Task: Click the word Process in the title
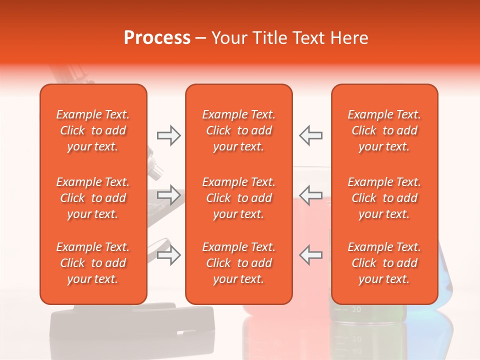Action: tap(157, 38)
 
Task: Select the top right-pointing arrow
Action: tap(168, 135)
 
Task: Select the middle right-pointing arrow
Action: tap(168, 194)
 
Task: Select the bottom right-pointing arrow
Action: tap(168, 254)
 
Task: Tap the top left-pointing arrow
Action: tap(311, 135)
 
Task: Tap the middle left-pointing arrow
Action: tap(311, 194)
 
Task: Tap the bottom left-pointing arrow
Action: tap(311, 254)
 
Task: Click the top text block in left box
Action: tap(93, 130)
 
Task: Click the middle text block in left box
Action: tap(93, 198)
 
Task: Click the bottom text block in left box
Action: tap(93, 263)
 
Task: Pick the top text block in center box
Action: tap(239, 130)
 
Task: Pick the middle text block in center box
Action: tap(239, 198)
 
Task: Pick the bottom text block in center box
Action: tap(239, 263)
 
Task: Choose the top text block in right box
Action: tap(384, 130)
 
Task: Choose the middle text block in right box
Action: tap(384, 198)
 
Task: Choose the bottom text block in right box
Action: tap(384, 263)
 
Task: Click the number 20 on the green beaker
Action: tap(356, 309)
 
